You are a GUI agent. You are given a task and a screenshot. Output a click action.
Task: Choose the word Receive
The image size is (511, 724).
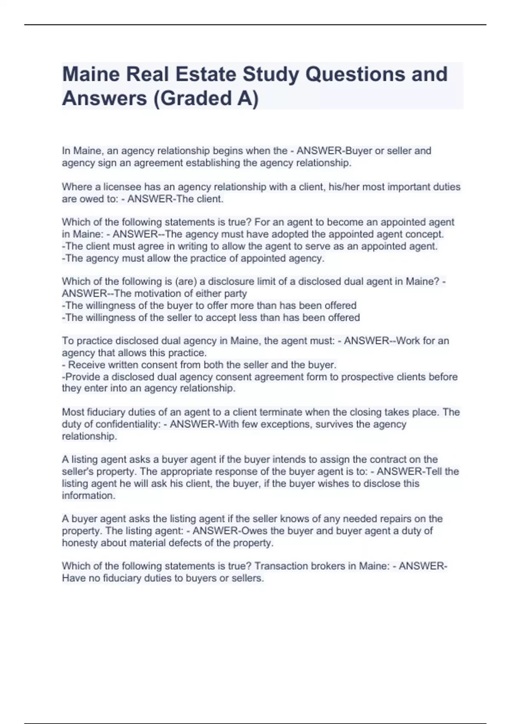[x=88, y=365]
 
